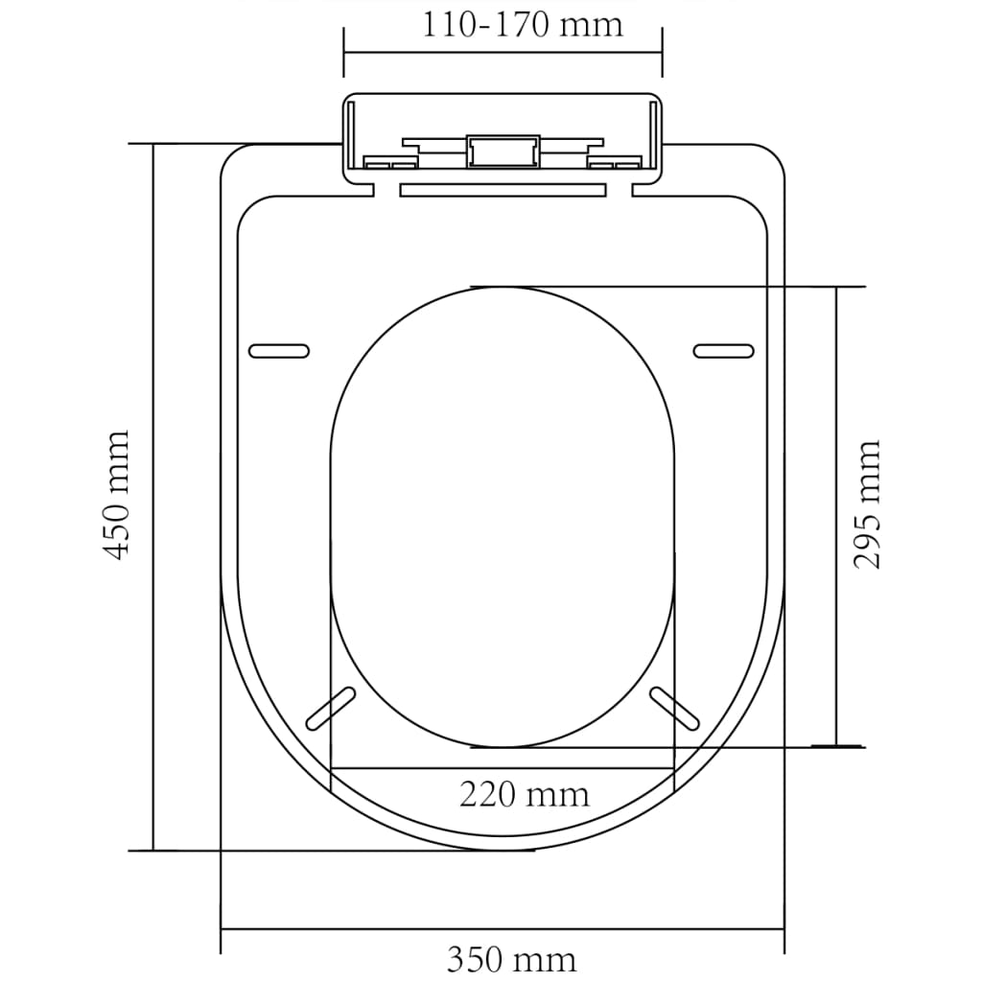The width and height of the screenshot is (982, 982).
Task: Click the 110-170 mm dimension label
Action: (x=523, y=24)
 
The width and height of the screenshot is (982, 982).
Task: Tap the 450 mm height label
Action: (x=117, y=495)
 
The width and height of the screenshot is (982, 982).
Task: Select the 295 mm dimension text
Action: (x=868, y=504)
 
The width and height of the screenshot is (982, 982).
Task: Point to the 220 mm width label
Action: (x=524, y=795)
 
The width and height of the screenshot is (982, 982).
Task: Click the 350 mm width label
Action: (x=511, y=959)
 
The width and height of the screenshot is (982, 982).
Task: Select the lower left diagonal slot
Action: (x=328, y=708)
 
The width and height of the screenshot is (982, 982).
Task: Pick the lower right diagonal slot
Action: (x=674, y=708)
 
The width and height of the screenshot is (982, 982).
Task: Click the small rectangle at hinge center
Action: (x=502, y=152)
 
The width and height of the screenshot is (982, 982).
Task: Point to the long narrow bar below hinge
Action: (x=502, y=189)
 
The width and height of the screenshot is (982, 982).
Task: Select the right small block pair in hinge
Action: (x=614, y=164)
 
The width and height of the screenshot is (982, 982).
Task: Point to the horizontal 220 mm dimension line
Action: (x=502, y=768)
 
